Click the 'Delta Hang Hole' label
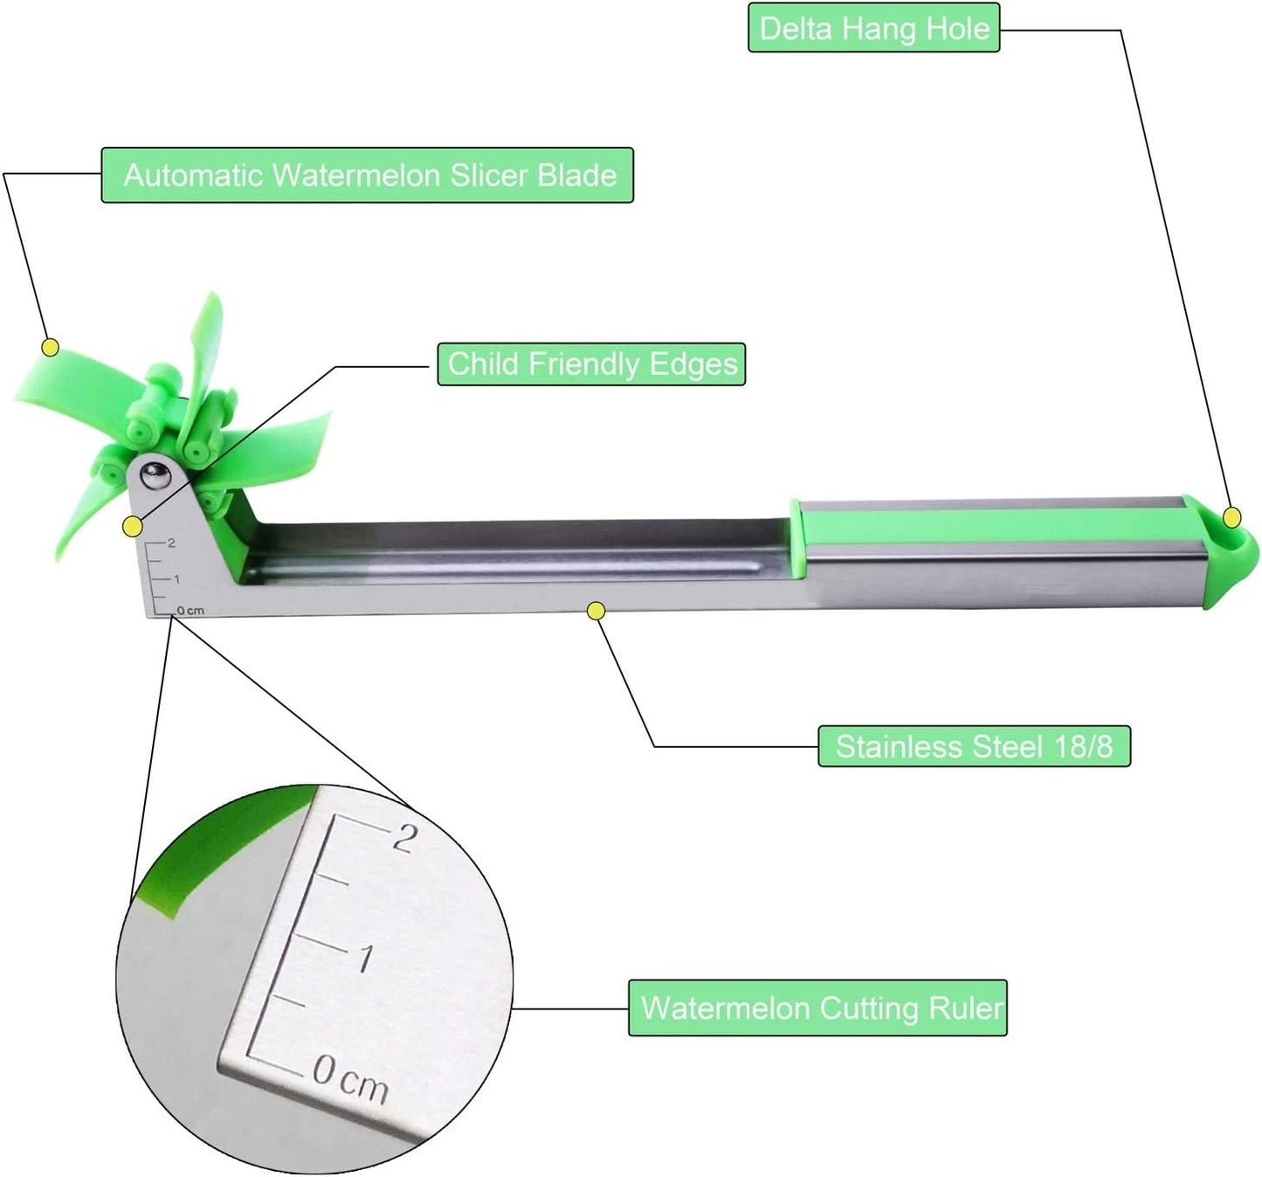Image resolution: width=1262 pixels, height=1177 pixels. (x=873, y=28)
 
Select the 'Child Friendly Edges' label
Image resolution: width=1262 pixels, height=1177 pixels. (x=591, y=363)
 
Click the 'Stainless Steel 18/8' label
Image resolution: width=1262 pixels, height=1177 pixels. (x=974, y=746)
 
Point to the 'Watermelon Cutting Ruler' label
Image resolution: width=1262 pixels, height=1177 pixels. (x=817, y=1008)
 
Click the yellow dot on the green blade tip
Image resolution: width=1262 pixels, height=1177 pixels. (x=51, y=348)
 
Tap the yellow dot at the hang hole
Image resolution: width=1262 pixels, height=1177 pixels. (x=1232, y=517)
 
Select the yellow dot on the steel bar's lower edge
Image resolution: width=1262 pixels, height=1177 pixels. (x=597, y=611)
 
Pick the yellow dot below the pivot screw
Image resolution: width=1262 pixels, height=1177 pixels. (x=133, y=527)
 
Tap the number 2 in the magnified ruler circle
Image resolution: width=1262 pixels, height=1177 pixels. (x=404, y=836)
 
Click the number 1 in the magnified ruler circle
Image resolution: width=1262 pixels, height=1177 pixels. (x=366, y=959)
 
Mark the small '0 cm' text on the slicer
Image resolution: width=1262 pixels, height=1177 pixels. (x=190, y=611)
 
